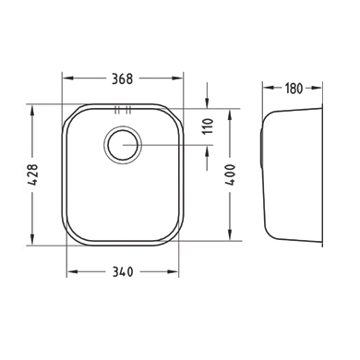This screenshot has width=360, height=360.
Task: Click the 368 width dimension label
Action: (x=122, y=78)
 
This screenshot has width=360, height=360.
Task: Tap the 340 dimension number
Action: (x=123, y=272)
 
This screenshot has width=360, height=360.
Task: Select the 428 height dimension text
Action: (x=32, y=174)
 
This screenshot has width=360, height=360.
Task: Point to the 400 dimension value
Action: (x=230, y=174)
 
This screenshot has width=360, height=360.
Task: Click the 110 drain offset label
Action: (x=208, y=126)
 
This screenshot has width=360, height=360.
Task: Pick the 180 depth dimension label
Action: (x=294, y=89)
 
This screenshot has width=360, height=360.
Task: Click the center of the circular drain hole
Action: (x=123, y=145)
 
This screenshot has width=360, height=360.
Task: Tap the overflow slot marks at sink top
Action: (x=123, y=110)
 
